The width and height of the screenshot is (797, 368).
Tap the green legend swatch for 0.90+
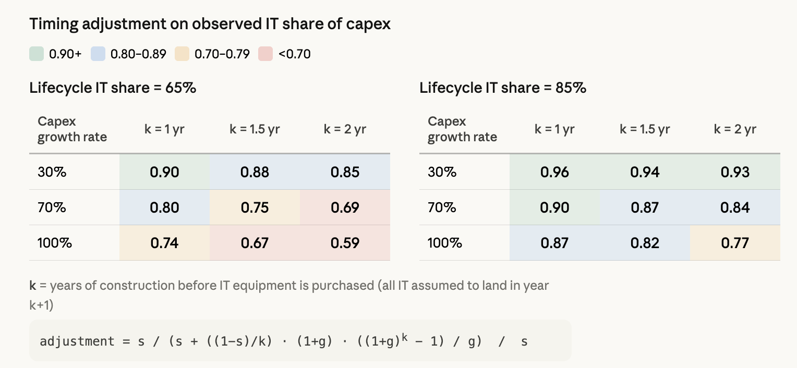[x=37, y=54]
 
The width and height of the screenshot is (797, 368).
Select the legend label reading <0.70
[x=295, y=54]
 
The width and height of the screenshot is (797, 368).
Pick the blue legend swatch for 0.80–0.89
[x=98, y=54]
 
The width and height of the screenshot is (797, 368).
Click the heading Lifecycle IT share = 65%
[x=113, y=88]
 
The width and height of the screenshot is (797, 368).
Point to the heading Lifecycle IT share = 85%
[x=503, y=88]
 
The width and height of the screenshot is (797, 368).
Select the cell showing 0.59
[x=345, y=243]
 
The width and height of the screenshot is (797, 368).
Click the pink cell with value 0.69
[x=345, y=207]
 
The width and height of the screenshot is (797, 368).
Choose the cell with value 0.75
[x=255, y=207]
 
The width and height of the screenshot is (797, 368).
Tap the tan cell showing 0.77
[x=735, y=243]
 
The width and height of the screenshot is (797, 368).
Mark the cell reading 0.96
[x=554, y=172]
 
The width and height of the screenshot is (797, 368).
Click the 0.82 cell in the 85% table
[x=645, y=243]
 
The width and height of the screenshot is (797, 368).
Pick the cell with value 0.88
[x=255, y=172]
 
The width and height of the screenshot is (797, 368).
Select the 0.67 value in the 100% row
[x=255, y=243]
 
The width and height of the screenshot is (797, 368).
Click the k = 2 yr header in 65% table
[x=345, y=129]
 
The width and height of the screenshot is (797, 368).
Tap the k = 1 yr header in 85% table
[x=554, y=129]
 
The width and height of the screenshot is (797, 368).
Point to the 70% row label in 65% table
[x=52, y=207]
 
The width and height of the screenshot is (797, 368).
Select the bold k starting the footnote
[x=33, y=286]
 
